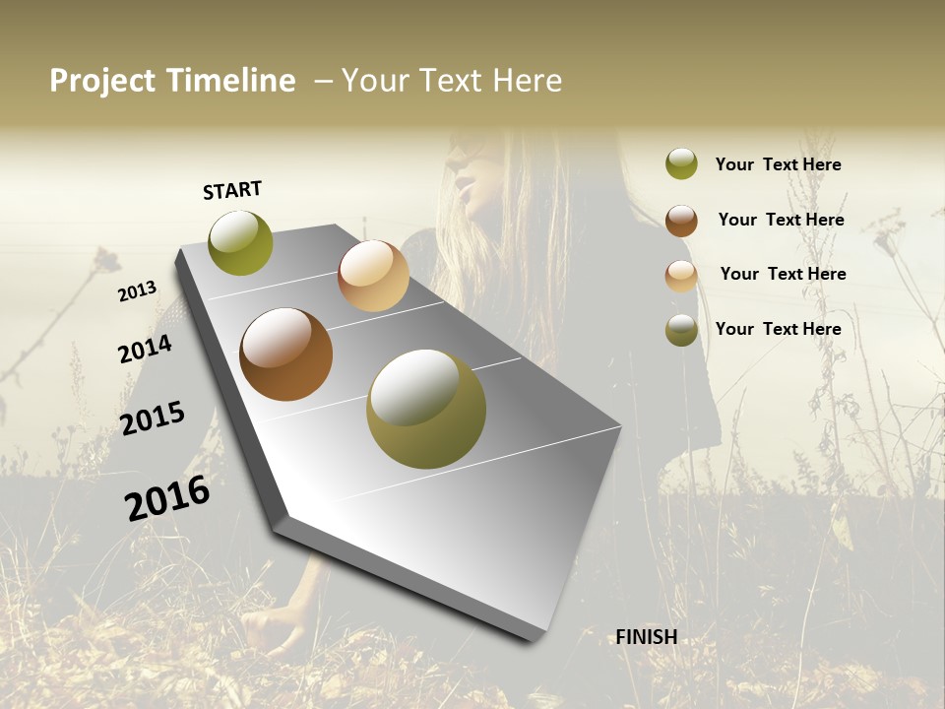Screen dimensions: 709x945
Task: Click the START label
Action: tap(232, 190)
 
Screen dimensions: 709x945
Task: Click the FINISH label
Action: tap(647, 637)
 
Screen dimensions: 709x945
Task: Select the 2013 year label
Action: tap(138, 290)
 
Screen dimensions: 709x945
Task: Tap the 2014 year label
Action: tap(145, 349)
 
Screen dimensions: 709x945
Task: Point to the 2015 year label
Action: tap(153, 418)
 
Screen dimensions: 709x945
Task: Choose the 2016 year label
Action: tap(167, 497)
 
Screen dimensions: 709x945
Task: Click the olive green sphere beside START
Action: tap(240, 242)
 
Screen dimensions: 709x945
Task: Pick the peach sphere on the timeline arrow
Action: tap(373, 276)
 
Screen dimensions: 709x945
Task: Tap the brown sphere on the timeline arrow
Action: tap(285, 354)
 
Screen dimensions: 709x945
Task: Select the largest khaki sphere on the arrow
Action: tap(425, 408)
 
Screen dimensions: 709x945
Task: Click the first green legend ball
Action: tap(681, 164)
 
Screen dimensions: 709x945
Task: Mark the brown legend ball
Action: tap(681, 221)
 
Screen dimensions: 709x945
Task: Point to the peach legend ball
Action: tap(681, 276)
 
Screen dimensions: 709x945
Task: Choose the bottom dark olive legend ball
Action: tap(681, 330)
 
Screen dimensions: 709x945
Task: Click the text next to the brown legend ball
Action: tap(781, 220)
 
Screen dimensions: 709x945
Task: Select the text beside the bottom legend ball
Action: tap(778, 329)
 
